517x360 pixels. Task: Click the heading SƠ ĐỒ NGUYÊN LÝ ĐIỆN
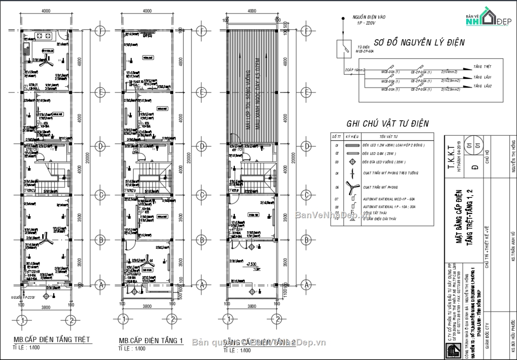point(419,43)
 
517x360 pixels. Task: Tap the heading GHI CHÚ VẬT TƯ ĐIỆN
point(387,124)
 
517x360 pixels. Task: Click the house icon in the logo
point(488,17)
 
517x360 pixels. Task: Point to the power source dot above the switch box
point(343,19)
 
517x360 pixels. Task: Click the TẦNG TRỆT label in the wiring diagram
point(482,67)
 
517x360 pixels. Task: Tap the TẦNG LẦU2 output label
point(482,86)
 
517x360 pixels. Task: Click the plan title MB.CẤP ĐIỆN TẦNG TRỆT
point(52,339)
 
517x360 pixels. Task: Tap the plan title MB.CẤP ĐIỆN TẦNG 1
point(151,341)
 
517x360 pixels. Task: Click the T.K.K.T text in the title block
point(451,160)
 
